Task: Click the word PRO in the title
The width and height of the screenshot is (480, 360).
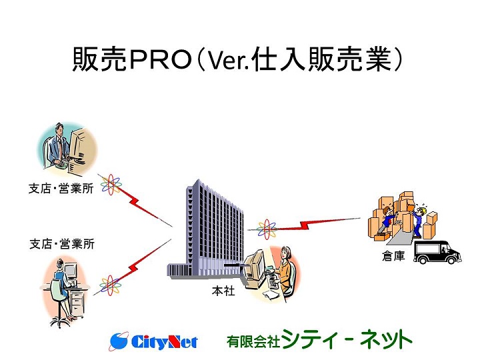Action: pos(161,60)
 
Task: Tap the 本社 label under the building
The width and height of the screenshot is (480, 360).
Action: pos(223,291)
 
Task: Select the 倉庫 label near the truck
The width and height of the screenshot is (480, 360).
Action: pos(393,255)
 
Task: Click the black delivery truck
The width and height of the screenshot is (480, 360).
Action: pos(437,252)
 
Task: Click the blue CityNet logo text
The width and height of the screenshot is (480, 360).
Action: pos(165,341)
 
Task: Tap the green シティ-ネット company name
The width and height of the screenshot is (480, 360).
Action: pos(346,339)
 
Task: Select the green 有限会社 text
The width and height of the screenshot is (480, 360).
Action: pos(253,341)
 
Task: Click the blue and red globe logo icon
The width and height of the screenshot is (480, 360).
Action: pos(119,341)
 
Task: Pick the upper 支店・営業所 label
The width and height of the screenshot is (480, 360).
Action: pos(61,188)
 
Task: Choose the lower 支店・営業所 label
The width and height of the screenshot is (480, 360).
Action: pos(62,244)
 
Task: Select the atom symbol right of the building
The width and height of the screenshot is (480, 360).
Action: pos(266,229)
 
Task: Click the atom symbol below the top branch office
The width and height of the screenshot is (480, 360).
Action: pos(111,185)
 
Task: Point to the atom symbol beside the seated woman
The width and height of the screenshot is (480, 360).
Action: pos(110,285)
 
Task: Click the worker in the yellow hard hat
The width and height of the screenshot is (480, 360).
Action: pos(419,221)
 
